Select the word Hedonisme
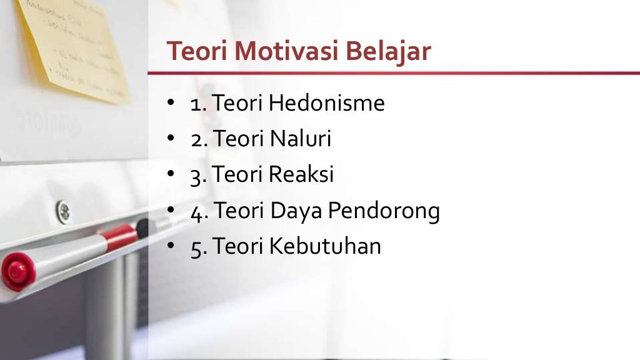pyautogui.click(x=327, y=103)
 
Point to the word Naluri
pyautogui.click(x=300, y=139)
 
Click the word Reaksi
pyautogui.click(x=301, y=174)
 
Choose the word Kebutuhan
pyautogui.click(x=325, y=246)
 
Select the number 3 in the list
pyautogui.click(x=196, y=175)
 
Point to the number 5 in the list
pyautogui.click(x=196, y=247)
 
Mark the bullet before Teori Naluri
pyautogui.click(x=170, y=139)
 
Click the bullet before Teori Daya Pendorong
pyautogui.click(x=170, y=211)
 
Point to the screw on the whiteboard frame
pyautogui.click(x=63, y=211)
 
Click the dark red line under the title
pyautogui.click(x=394, y=73)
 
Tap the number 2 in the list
pyautogui.click(x=196, y=139)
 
